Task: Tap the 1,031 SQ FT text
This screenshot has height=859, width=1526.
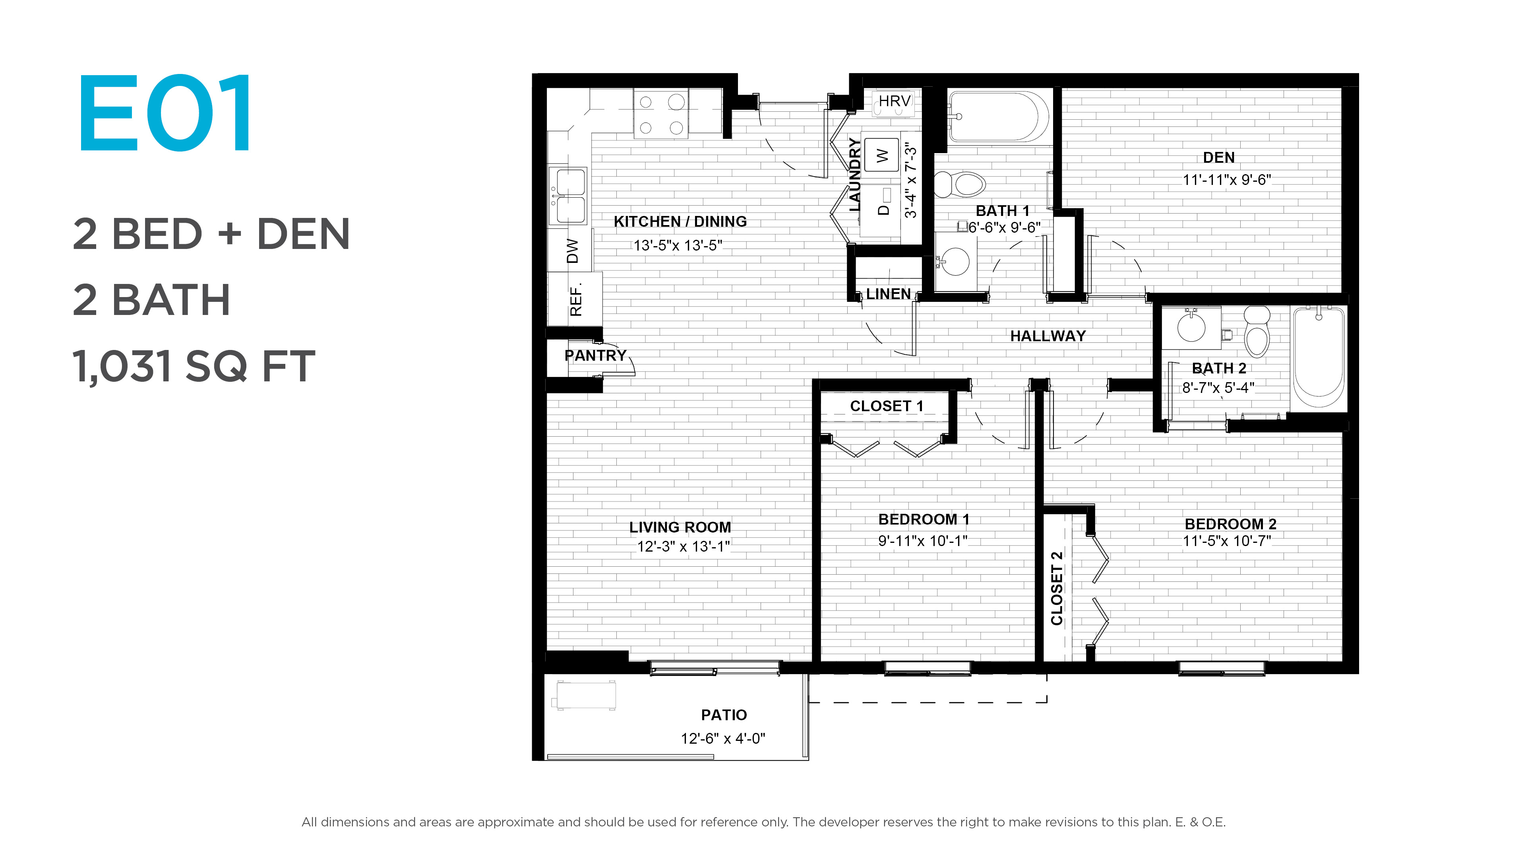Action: pyautogui.click(x=194, y=366)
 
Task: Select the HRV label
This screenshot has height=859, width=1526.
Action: pyautogui.click(x=894, y=101)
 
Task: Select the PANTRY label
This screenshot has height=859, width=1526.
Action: pyautogui.click(x=595, y=356)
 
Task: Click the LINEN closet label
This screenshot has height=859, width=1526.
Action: pyautogui.click(x=888, y=294)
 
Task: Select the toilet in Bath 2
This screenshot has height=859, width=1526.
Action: pyautogui.click(x=1257, y=331)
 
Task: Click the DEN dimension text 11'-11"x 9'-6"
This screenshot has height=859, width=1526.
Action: pyautogui.click(x=1227, y=180)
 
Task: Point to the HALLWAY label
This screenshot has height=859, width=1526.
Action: pyautogui.click(x=1048, y=336)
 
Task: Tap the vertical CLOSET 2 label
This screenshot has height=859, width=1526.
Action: pyautogui.click(x=1056, y=588)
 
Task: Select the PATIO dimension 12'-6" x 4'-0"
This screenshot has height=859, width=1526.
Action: pyautogui.click(x=723, y=739)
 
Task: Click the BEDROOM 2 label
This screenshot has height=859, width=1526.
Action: pyautogui.click(x=1230, y=524)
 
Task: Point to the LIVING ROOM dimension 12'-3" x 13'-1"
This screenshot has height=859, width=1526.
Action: pyautogui.click(x=683, y=546)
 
